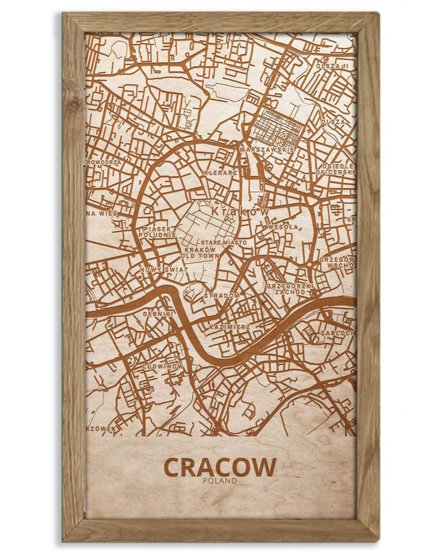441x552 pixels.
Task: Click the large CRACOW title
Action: click(220, 467)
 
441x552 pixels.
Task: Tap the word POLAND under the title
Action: click(220, 481)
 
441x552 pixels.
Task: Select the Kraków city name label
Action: click(240, 212)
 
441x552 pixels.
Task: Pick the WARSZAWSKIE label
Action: click(267, 150)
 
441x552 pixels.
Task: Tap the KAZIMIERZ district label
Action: click(230, 327)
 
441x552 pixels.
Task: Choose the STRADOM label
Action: click(222, 295)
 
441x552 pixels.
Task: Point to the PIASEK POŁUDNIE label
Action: click(160, 232)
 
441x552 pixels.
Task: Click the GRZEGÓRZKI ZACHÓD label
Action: click(290, 289)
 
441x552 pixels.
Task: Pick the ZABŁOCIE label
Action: click(338, 333)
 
